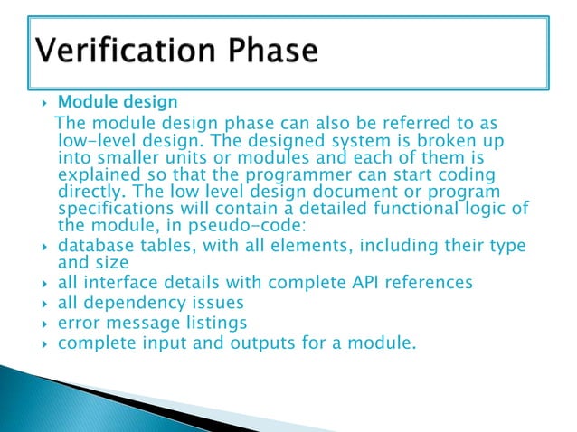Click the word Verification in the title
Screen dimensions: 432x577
[119, 50]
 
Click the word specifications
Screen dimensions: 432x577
[119, 209]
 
